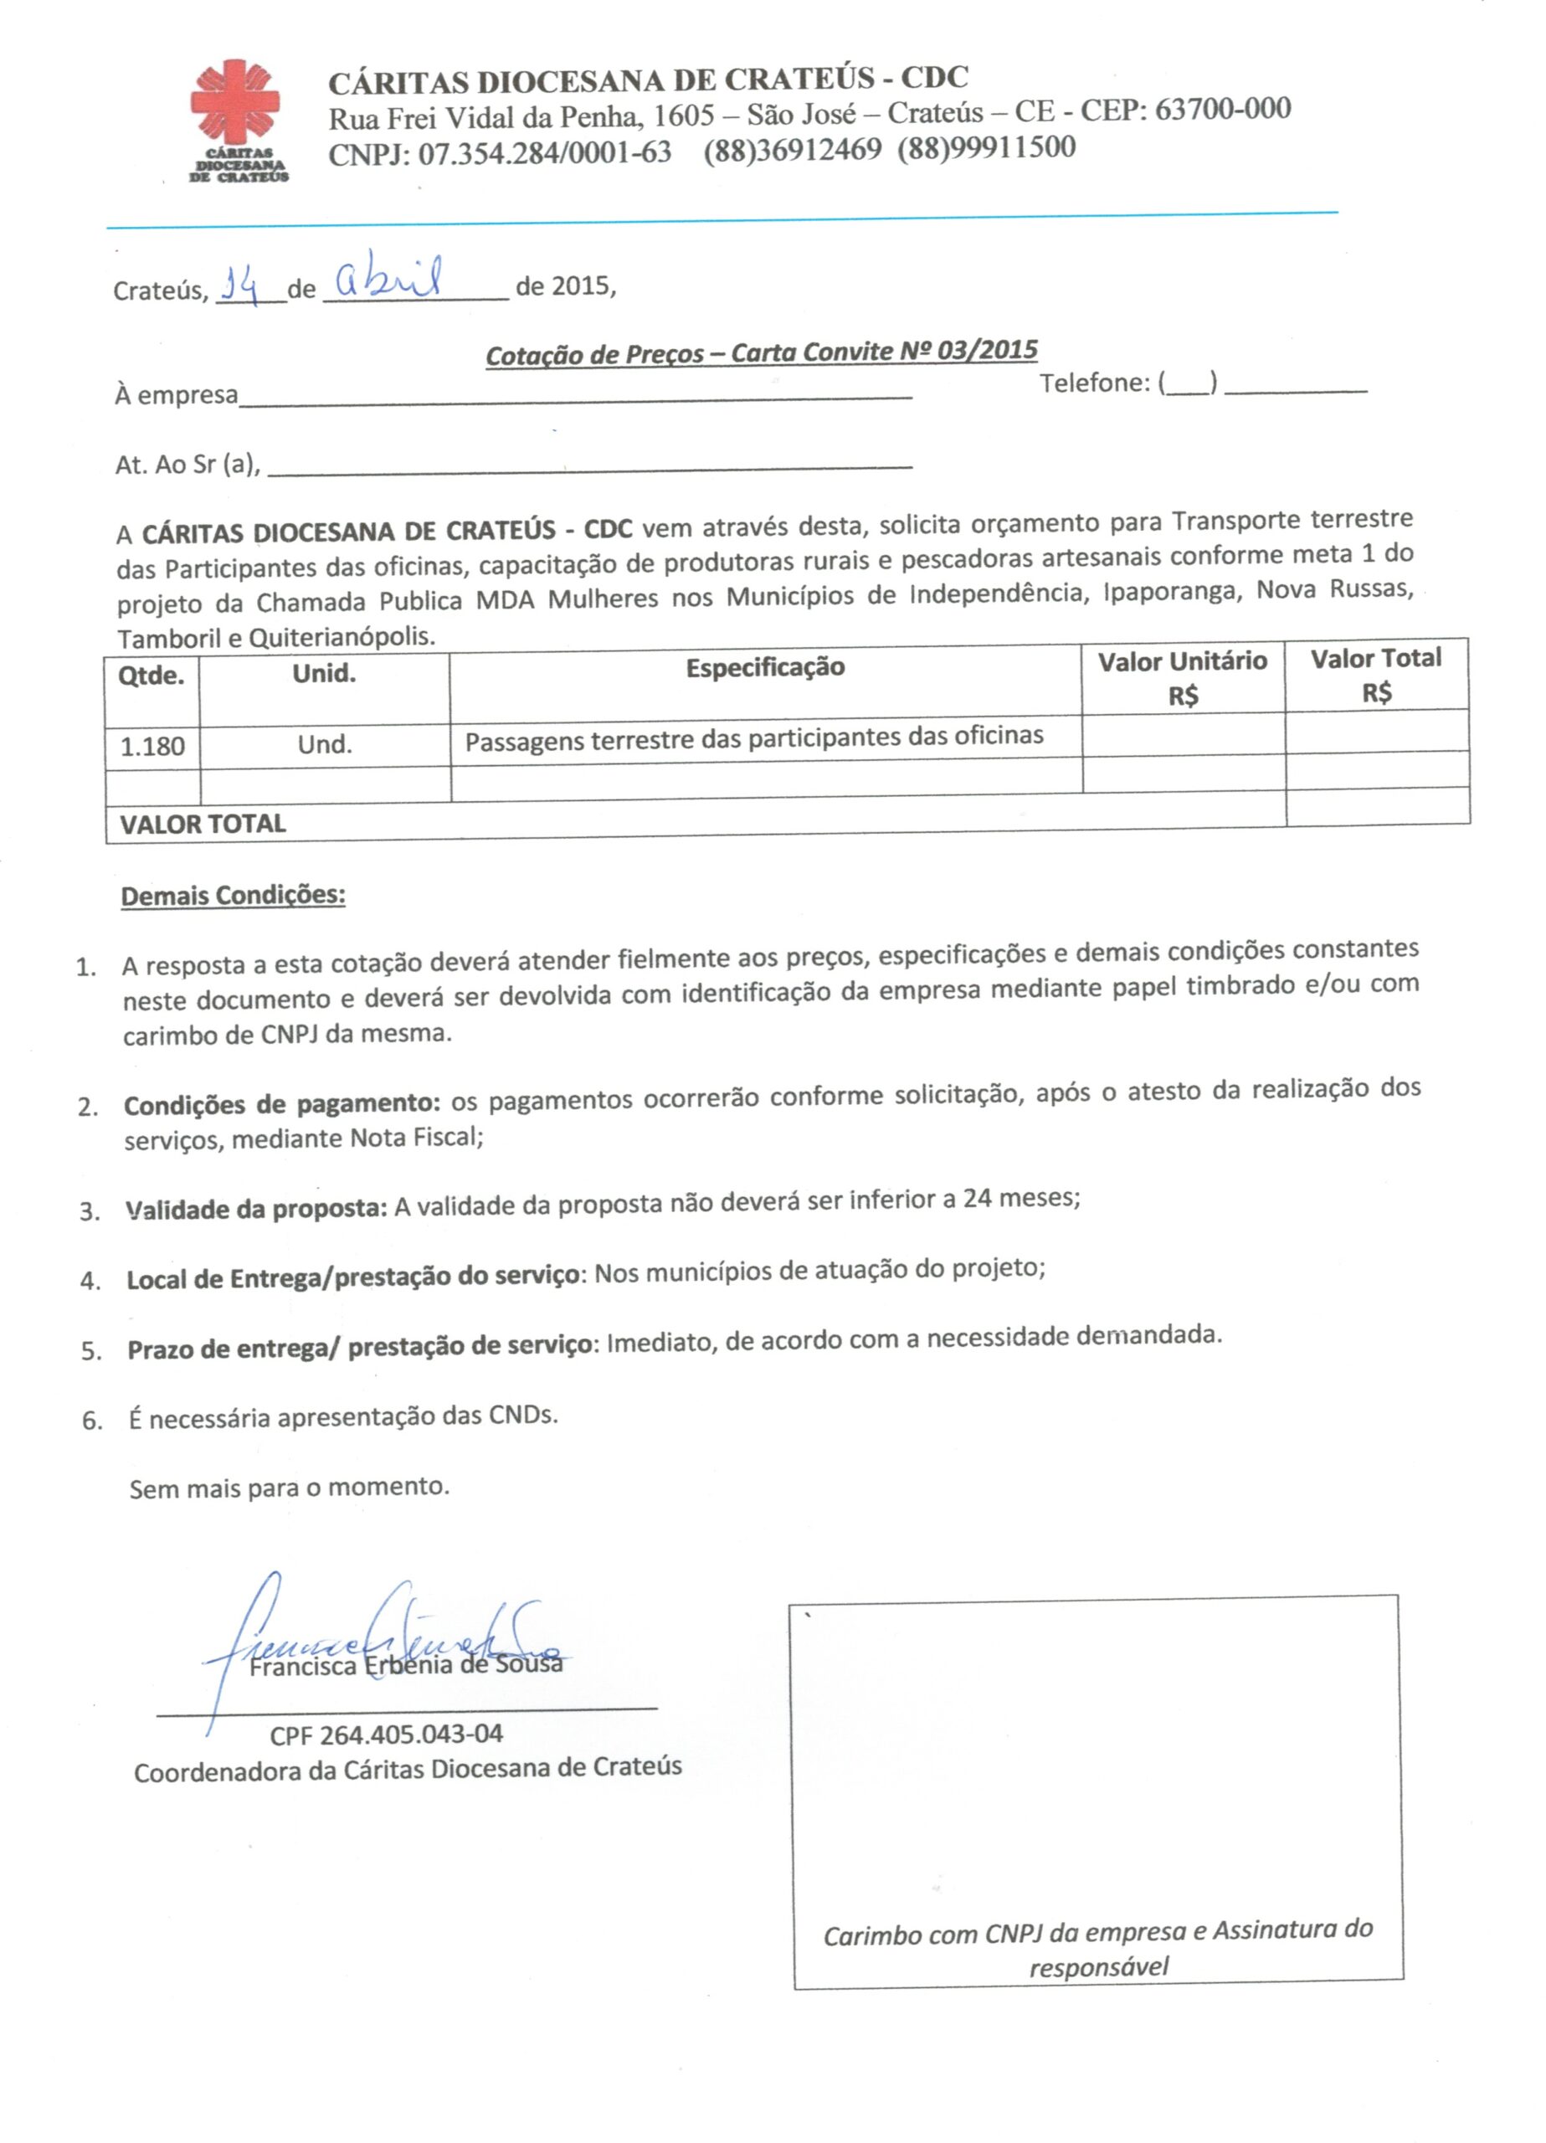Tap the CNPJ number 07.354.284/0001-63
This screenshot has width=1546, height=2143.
(x=544, y=153)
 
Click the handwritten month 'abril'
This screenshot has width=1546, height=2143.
(x=388, y=277)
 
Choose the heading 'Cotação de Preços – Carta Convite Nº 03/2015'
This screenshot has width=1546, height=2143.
(x=761, y=353)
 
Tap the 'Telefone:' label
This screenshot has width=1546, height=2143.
(x=1094, y=383)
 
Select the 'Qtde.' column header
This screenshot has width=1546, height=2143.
(x=152, y=676)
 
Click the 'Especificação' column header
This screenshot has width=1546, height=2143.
(x=764, y=668)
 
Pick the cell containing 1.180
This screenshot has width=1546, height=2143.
(x=152, y=747)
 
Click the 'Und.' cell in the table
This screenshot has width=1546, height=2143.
(x=324, y=744)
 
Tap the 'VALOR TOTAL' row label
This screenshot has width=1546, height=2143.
(x=203, y=824)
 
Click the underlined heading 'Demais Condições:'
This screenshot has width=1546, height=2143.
(x=233, y=895)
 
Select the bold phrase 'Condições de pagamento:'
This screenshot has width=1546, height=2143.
(x=281, y=1103)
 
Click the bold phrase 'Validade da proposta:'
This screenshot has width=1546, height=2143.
(x=256, y=1209)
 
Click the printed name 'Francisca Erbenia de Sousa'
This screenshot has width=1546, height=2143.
(x=405, y=1665)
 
